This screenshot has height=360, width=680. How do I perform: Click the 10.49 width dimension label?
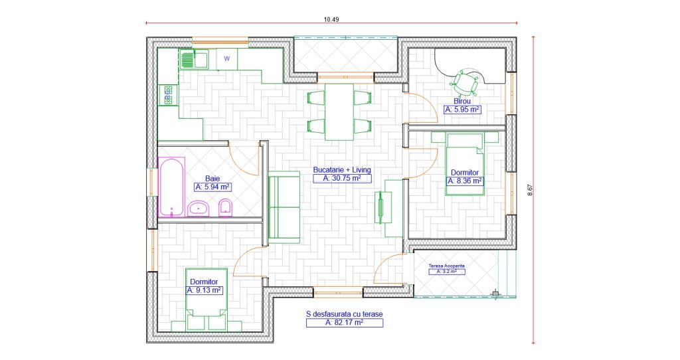click(331, 19)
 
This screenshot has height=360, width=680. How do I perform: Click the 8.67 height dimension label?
click(529, 190)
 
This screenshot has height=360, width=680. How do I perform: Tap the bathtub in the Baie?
click(171, 187)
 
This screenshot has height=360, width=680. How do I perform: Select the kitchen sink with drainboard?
click(193, 59)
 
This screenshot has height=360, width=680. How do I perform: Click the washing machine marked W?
click(227, 59)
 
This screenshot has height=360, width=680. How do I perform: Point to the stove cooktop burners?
click(168, 95)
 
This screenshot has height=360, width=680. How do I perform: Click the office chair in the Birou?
click(466, 82)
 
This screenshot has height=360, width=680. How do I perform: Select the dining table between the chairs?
click(339, 112)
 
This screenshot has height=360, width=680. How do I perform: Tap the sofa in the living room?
click(284, 207)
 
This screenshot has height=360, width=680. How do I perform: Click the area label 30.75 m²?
click(342, 178)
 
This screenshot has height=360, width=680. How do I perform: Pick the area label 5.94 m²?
click(212, 187)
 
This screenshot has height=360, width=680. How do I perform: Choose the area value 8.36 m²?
click(465, 181)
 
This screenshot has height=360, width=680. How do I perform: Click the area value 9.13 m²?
click(205, 290)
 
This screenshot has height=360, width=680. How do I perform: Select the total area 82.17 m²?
click(345, 323)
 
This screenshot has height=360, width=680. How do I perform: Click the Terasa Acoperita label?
click(447, 266)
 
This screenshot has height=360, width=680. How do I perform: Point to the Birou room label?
click(462, 101)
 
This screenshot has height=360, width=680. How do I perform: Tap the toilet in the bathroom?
click(225, 208)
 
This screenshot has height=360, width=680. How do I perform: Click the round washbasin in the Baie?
click(199, 209)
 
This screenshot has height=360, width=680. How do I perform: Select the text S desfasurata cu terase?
click(345, 314)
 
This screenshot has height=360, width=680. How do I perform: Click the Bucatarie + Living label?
click(342, 170)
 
